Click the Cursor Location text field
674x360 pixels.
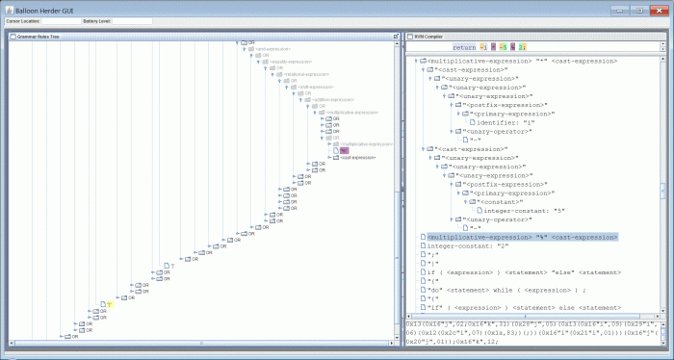[55, 20]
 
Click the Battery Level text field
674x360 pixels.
[132, 20]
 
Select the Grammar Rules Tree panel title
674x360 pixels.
[39, 37]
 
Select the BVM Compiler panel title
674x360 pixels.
[428, 37]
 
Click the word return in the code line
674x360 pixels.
[463, 46]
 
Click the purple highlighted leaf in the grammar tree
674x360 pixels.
[345, 151]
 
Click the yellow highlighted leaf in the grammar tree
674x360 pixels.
[110, 303]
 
